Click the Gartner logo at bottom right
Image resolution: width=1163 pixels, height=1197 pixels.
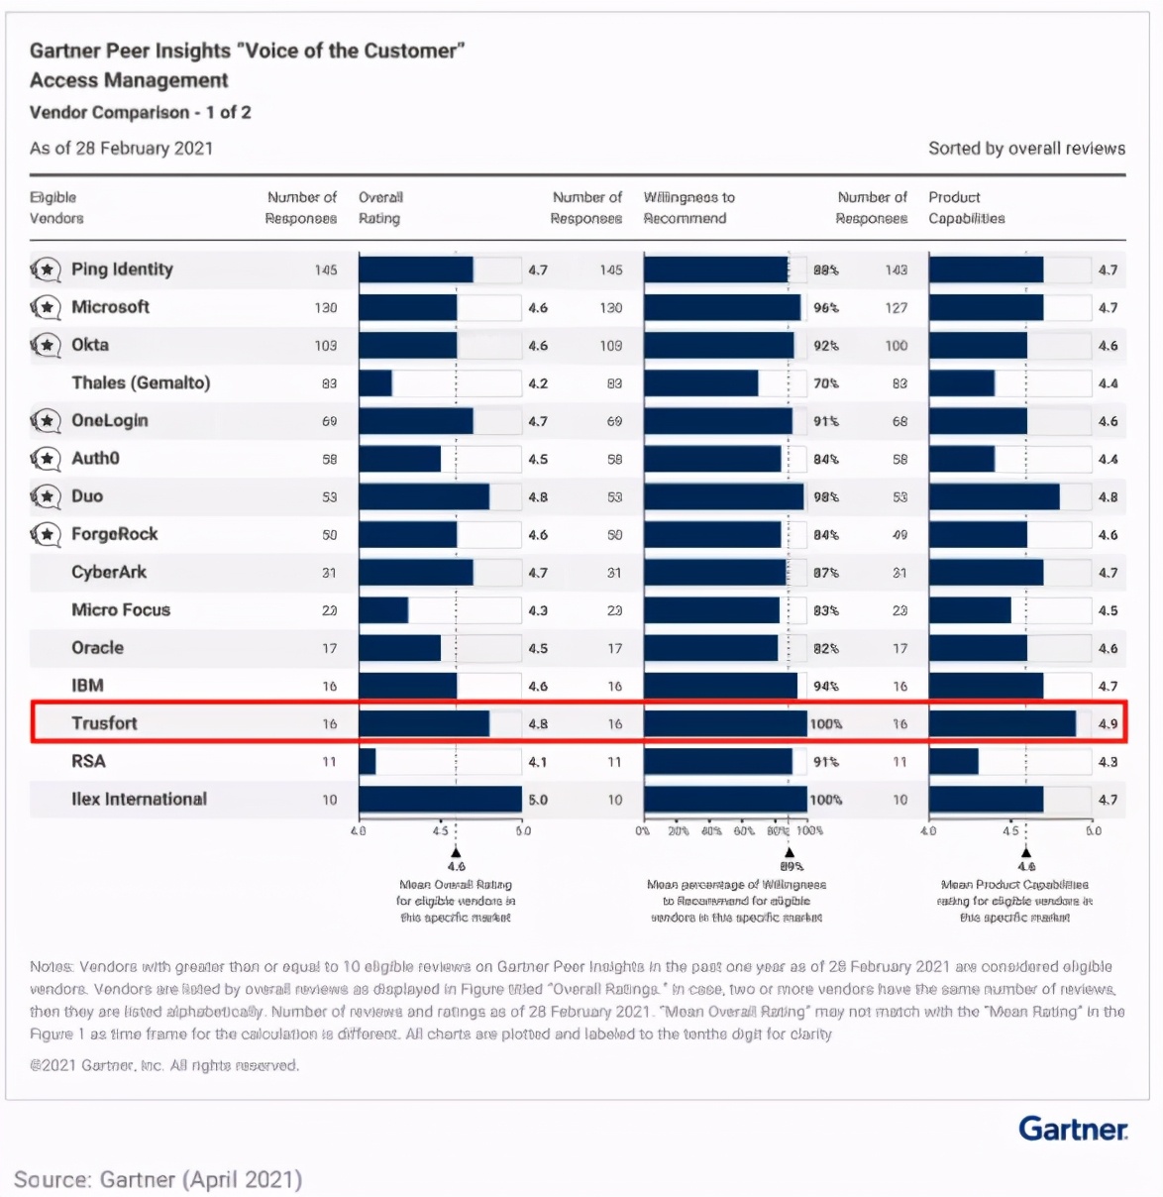click(1073, 1129)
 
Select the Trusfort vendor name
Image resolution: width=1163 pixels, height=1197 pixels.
click(104, 723)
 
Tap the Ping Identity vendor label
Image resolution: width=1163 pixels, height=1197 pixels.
click(122, 270)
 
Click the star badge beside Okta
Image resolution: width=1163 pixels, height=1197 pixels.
click(46, 345)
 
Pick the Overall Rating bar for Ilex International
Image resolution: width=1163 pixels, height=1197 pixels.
click(440, 800)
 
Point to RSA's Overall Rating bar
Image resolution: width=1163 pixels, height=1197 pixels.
click(368, 762)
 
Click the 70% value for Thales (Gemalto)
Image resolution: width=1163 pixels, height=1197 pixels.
click(825, 383)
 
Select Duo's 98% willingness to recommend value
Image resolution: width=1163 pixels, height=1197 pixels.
click(825, 497)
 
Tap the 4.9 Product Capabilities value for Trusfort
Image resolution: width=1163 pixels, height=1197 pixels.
click(1108, 724)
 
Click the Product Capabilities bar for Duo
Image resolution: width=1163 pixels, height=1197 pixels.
click(994, 497)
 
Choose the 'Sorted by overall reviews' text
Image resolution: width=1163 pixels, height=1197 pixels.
click(1026, 149)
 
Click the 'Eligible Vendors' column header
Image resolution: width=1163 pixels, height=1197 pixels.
click(56, 208)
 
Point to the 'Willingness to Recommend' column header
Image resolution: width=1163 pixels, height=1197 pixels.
click(688, 208)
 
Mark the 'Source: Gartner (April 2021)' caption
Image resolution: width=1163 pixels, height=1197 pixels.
click(158, 1179)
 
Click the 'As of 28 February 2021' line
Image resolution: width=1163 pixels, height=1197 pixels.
click(121, 149)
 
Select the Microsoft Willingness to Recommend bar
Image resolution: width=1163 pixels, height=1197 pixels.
click(722, 308)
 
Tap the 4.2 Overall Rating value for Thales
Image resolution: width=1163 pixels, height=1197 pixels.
click(538, 383)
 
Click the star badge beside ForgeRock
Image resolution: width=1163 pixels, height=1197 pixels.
click(46, 534)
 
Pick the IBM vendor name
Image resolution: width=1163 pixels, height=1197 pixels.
click(87, 686)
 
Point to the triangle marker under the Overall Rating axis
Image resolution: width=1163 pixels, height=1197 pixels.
click(456, 851)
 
